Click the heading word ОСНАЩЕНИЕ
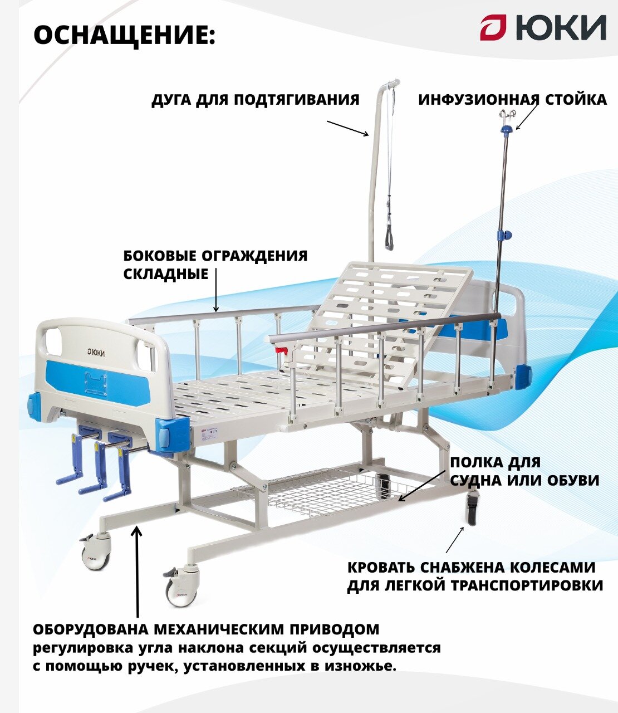pyautogui.click(x=124, y=36)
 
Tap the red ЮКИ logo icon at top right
pyautogui.click(x=493, y=28)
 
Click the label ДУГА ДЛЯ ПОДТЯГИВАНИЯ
pyautogui.click(x=256, y=100)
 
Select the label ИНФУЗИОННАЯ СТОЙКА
pyautogui.click(x=512, y=100)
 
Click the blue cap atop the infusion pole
pyautogui.click(x=506, y=129)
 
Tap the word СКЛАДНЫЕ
pyautogui.click(x=158, y=274)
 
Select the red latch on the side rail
pyautogui.click(x=283, y=351)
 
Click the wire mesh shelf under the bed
pyautogui.click(x=328, y=489)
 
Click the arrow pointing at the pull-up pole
pyautogui.click(x=347, y=128)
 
